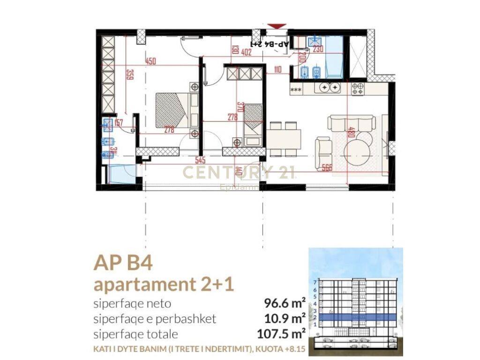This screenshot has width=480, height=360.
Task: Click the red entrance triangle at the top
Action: tap(277, 26)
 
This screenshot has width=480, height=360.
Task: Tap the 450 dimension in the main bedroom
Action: tap(150, 61)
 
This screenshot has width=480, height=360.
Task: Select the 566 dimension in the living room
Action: tap(327, 168)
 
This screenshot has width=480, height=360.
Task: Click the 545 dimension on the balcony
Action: tap(200, 159)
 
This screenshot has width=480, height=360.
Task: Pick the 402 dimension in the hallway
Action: tap(246, 52)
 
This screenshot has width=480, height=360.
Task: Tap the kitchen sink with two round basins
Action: tap(329, 87)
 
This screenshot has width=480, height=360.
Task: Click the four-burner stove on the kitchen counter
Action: tap(358, 89)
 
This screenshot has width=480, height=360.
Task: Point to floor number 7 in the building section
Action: tap(315, 283)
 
